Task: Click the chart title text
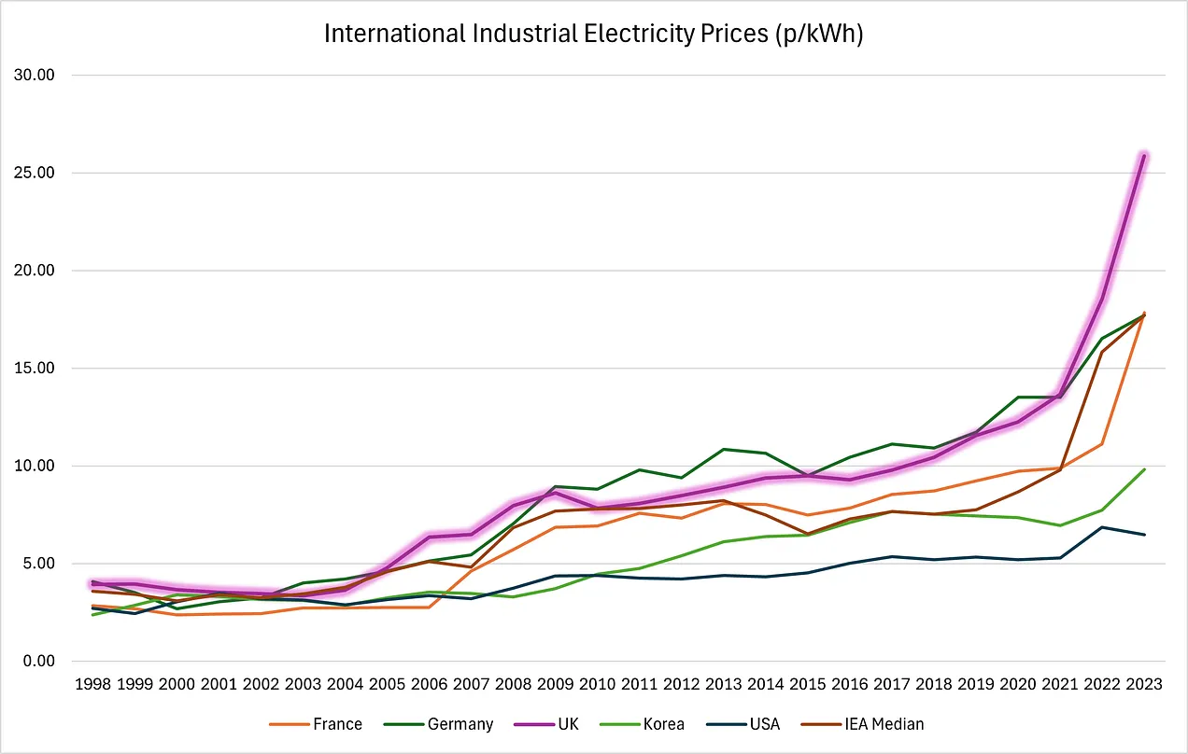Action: click(x=594, y=35)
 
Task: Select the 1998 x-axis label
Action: click(x=94, y=683)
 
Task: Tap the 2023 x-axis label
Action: click(x=1144, y=683)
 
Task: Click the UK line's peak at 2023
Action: click(x=1144, y=156)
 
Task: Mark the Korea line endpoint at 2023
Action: click(x=1144, y=469)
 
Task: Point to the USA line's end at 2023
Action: click(x=1144, y=535)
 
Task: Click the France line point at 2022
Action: click(x=1104, y=443)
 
